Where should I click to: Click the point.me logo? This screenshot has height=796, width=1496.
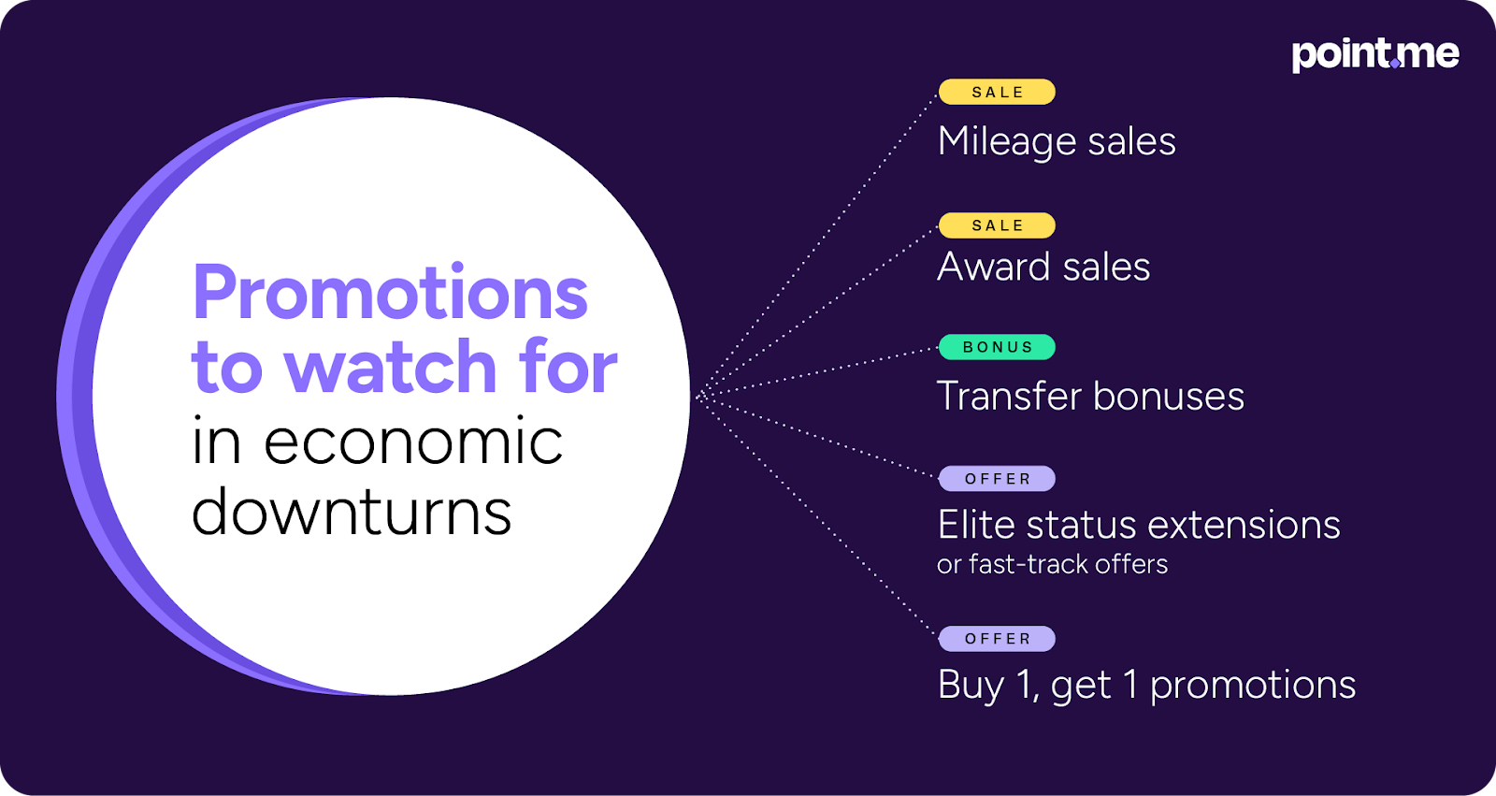tap(1375, 55)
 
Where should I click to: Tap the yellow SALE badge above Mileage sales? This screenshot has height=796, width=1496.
tap(997, 93)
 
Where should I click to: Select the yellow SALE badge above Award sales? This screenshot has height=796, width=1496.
tap(997, 226)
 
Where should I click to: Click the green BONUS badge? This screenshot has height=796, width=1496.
tap(997, 348)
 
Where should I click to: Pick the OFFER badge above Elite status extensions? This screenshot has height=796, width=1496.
tap(997, 479)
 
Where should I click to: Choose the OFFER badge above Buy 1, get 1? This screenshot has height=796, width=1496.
tap(997, 639)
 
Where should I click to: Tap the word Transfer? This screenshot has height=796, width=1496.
tap(1009, 396)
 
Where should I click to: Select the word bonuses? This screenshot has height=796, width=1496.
tap(1169, 396)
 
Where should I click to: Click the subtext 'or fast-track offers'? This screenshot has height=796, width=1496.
tap(1053, 565)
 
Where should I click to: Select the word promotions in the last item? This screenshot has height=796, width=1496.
tap(1253, 686)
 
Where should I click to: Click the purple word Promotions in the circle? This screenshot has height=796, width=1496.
tap(391, 294)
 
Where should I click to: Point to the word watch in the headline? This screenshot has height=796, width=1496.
tap(391, 367)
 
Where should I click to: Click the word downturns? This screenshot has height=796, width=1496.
tap(352, 512)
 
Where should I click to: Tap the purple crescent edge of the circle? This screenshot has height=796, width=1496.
tap(75, 397)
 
